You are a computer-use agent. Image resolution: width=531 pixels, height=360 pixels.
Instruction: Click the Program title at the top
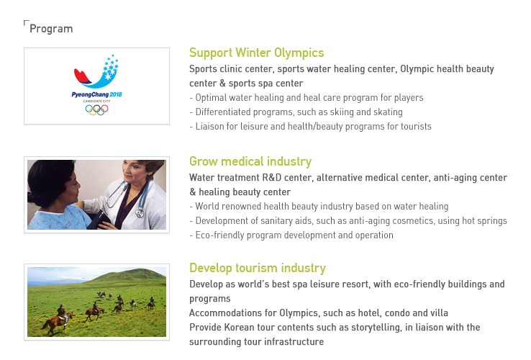pyautogui.click(x=51, y=29)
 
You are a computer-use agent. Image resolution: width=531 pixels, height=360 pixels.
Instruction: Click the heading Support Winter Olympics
pyautogui.click(x=256, y=53)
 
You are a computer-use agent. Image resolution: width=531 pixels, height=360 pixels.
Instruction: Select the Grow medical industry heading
pyautogui.click(x=250, y=161)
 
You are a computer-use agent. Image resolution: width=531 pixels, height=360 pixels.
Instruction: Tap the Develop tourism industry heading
pyautogui.click(x=258, y=268)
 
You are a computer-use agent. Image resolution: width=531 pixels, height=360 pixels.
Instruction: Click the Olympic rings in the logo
pyautogui.click(x=96, y=109)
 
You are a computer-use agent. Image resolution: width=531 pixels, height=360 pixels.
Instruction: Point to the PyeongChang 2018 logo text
pyautogui.click(x=96, y=94)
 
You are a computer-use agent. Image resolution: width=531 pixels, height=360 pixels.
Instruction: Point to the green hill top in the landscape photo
pyautogui.click(x=135, y=271)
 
